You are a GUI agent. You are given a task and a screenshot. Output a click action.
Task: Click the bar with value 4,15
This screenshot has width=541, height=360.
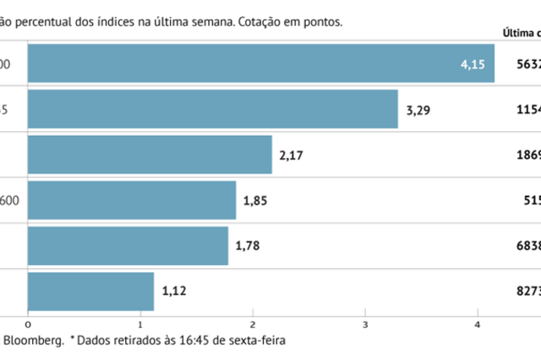pos(260,63)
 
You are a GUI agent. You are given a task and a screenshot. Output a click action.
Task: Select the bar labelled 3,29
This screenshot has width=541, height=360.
pos(212,109)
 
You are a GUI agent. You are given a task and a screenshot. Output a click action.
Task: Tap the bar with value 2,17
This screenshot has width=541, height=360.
pos(150,155)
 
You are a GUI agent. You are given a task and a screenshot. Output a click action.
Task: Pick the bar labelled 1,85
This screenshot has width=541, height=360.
pos(132,200)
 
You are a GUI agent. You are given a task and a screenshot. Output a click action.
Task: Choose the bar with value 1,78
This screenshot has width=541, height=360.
pos(128,246)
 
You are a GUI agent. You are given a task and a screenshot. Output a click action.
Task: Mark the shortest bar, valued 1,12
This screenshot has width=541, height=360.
pos(90,292)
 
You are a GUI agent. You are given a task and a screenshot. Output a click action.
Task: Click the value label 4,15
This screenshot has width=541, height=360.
pos(473,64)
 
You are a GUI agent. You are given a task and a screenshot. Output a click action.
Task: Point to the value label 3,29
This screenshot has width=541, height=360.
pos(418,110)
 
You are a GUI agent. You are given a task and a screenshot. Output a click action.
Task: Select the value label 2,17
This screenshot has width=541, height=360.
pos(292,155)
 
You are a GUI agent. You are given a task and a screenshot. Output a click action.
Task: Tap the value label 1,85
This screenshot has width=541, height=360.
pos(255,201)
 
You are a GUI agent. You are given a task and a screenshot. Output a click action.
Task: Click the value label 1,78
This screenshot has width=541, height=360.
pos(248,247)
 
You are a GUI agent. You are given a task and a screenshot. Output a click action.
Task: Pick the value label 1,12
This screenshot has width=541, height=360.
pos(173,292)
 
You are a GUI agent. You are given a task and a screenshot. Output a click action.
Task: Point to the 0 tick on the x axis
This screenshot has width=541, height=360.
pos(28,324)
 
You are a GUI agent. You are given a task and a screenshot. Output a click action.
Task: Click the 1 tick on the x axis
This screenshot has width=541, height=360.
pos(140,324)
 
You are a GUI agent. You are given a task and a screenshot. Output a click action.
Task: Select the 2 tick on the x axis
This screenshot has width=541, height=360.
pos(253,324)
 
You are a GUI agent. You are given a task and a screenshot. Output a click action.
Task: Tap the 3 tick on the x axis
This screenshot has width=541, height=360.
pos(365,324)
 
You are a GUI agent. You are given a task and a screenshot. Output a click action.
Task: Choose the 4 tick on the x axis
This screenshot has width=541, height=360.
pos(478,324)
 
